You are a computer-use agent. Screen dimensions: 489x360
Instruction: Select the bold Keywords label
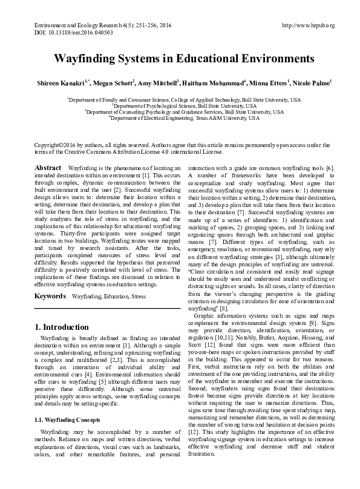click(x=50, y=297)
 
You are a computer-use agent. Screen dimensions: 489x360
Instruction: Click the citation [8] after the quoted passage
click(x=223, y=307)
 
